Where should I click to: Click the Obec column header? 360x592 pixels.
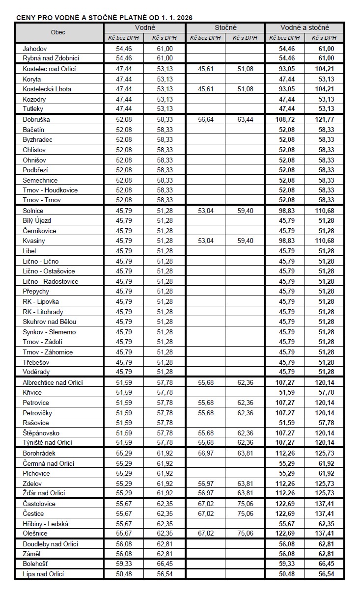point(58,32)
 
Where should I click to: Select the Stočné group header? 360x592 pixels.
point(225,27)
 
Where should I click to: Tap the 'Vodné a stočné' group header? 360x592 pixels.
point(305,27)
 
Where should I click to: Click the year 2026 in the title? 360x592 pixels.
point(184,18)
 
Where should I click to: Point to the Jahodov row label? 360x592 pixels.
point(35,49)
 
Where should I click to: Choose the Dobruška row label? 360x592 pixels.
point(36,119)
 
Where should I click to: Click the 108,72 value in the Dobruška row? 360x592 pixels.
point(285,119)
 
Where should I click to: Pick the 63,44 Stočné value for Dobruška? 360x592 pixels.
point(245,119)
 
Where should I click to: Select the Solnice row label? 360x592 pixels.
point(33,211)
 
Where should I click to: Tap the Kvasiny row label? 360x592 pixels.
point(34,241)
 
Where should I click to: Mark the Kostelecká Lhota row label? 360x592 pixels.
point(47,89)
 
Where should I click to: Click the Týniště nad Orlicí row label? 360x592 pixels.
point(48,443)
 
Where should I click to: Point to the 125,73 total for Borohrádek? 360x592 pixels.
point(325,453)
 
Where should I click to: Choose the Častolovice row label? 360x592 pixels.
point(39,504)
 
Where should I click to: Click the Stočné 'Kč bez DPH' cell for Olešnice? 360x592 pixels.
point(206,534)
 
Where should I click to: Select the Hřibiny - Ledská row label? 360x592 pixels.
point(45,524)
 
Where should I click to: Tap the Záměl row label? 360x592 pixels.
point(32,554)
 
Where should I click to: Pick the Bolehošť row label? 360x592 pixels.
point(35,564)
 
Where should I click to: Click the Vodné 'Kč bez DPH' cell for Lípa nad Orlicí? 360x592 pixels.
point(124,574)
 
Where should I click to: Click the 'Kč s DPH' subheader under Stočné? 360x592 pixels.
point(245,37)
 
